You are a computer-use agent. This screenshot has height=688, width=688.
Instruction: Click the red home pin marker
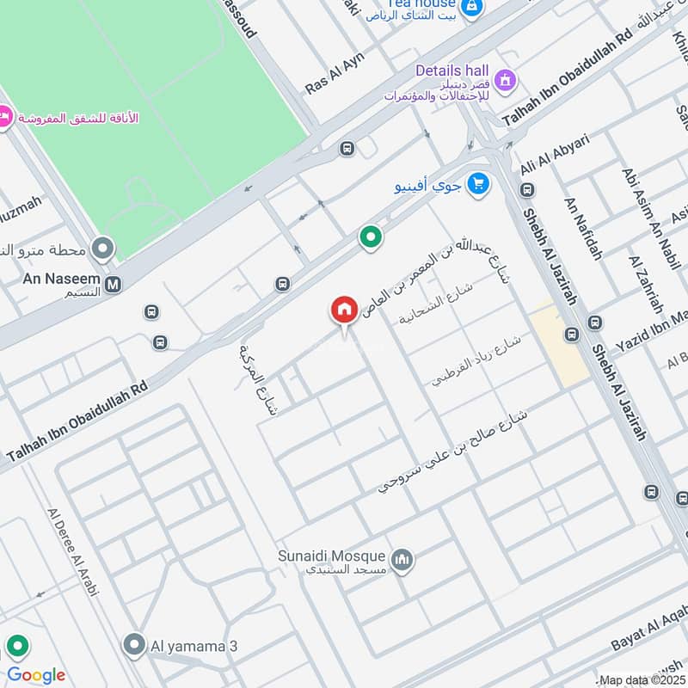[344, 310]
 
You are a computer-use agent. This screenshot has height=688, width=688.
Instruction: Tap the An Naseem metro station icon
[113, 284]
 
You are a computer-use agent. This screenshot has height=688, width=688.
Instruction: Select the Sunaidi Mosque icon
[402, 562]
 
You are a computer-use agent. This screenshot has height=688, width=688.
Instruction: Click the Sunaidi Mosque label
[331, 556]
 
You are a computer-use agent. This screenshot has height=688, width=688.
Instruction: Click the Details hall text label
[451, 70]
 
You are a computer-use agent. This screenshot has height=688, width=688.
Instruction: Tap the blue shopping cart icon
[479, 182]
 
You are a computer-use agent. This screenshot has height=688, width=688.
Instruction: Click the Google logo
[35, 675]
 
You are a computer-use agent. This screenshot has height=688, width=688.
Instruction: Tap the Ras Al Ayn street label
[335, 73]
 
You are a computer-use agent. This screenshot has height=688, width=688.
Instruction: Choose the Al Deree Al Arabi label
[74, 550]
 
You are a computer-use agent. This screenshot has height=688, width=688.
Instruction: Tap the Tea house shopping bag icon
[470, 6]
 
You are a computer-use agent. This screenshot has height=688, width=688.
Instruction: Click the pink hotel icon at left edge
[3, 115]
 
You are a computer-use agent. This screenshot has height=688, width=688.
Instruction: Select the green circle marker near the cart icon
[371, 236]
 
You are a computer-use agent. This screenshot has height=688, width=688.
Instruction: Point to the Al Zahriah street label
[646, 285]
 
